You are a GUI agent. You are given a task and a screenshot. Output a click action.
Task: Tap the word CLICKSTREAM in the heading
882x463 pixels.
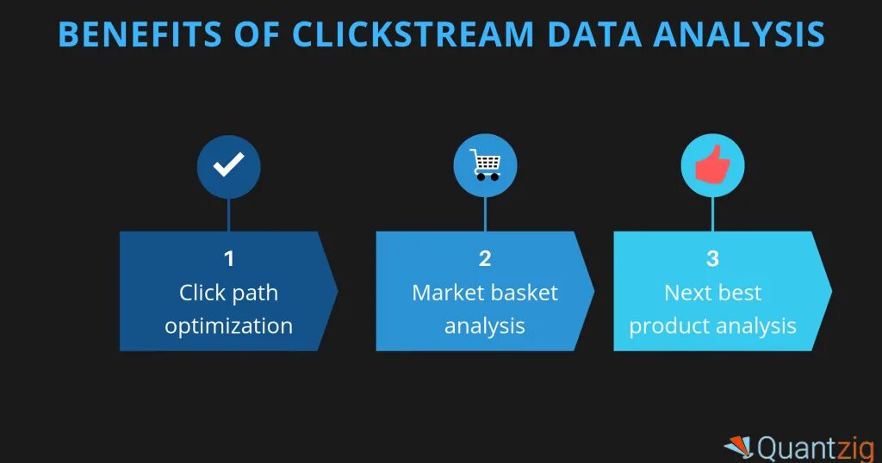coord(413,34)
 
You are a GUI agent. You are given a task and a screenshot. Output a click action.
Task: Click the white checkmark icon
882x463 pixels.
coord(228,165)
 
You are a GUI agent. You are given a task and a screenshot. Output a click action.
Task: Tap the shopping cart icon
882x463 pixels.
coord(485,164)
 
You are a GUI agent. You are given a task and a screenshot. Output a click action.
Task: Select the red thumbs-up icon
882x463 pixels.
coord(712,165)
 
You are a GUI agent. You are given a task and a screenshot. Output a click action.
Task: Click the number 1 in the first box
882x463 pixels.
coord(228,258)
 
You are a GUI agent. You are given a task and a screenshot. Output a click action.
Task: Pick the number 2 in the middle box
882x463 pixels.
coord(485,258)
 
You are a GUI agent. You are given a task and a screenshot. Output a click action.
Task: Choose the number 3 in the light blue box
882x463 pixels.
coord(712,258)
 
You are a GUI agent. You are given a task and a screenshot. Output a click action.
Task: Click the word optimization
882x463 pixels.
coord(228,327)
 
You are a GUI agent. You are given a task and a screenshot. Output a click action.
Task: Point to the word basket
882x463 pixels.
coord(525,293)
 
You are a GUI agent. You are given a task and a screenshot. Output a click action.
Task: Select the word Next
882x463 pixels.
coord(686,293)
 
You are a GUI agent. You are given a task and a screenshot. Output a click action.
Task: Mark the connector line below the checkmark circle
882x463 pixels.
coord(228,214)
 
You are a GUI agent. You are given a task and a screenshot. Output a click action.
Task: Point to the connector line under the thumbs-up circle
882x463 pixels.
coord(712,214)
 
